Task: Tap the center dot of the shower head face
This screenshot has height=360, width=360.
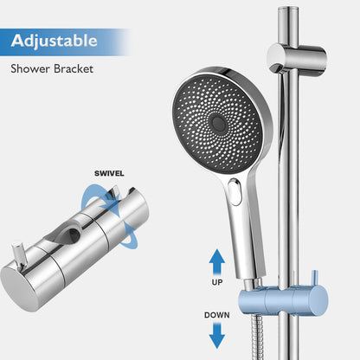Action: (220, 125)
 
